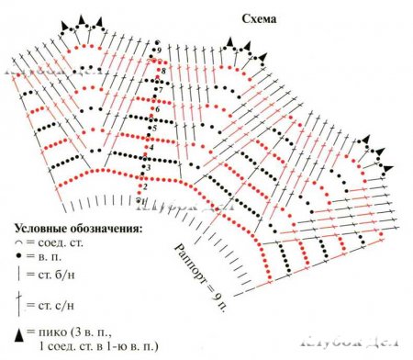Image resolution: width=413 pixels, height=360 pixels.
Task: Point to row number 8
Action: pos(163,71)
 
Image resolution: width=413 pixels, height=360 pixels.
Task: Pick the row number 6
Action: pos(158,110)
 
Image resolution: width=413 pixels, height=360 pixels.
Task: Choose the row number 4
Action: pos(151,148)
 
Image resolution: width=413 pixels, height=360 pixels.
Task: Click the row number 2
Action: pos(144,186)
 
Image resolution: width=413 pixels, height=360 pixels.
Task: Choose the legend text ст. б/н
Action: pos(55,276)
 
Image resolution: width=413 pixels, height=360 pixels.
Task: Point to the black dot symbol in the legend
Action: pos(19,258)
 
